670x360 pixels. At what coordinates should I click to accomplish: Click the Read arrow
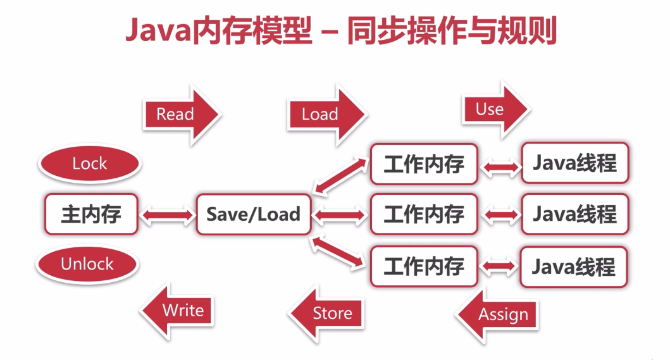click(x=182, y=114)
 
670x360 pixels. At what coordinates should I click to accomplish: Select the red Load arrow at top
click(x=326, y=114)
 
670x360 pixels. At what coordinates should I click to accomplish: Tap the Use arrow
click(x=495, y=109)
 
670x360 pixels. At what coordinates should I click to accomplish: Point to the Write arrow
click(x=177, y=311)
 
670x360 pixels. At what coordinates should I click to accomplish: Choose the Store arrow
click(x=326, y=314)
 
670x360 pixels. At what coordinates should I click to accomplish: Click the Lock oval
click(x=90, y=164)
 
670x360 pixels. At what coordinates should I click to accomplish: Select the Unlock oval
click(x=87, y=264)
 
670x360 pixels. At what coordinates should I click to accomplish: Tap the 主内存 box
click(x=91, y=214)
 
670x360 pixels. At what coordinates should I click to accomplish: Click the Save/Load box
click(x=254, y=214)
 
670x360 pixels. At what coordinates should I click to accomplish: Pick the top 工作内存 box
click(x=424, y=164)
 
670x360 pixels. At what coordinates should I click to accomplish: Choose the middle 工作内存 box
click(x=424, y=214)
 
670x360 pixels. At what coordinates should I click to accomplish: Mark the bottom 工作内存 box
click(x=424, y=266)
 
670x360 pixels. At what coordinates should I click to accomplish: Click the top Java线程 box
click(x=575, y=163)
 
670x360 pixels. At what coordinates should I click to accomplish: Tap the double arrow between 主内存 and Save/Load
click(x=167, y=215)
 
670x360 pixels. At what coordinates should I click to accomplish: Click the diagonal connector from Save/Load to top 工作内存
click(x=340, y=176)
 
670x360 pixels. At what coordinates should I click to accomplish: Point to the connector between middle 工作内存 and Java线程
click(x=500, y=214)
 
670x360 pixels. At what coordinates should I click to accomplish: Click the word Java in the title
click(x=158, y=30)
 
